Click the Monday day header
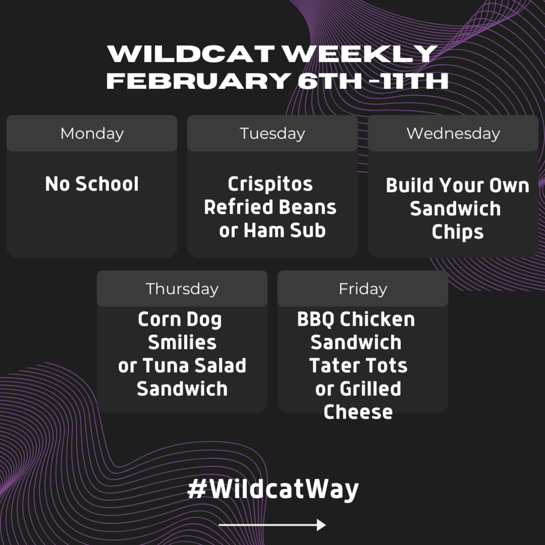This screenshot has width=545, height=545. coord(92,133)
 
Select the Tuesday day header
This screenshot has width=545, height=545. coord(272,133)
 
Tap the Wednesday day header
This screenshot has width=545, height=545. coord(453,133)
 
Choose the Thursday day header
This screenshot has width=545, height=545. coord(182,288)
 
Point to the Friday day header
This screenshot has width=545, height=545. coord(363,288)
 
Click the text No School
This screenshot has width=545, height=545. coord(92,184)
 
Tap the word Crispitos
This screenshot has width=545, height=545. coord(270,184)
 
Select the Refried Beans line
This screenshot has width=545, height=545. coord(270,207)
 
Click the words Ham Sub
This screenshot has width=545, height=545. coord(285,230)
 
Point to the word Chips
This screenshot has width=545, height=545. coord(457,232)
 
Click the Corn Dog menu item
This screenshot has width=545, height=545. coord(180,320)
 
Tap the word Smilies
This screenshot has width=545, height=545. coord(182,342)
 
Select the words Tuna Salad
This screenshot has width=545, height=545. coord(194,365)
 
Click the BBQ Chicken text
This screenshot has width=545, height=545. coord(356,319)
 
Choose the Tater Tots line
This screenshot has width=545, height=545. coord(358,365)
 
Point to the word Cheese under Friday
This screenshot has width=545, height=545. coord(358,412)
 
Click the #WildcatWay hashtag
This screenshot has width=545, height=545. coord(273,489)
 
